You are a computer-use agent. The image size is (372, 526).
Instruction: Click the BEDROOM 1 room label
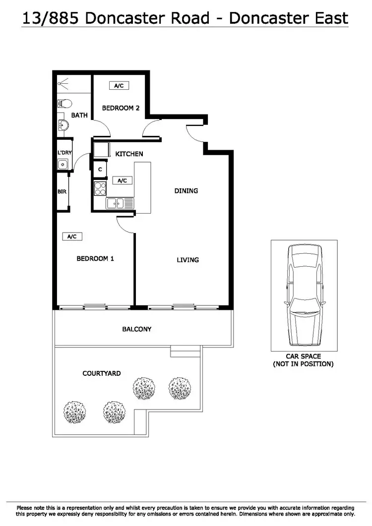(x=95, y=258)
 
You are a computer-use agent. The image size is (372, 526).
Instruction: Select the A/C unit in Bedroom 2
(x=119, y=86)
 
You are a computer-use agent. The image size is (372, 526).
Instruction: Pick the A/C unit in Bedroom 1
(x=72, y=237)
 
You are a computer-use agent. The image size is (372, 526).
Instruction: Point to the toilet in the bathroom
(x=64, y=104)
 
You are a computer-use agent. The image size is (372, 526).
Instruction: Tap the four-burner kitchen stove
(x=100, y=189)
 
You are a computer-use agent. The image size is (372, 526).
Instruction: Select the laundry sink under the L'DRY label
(x=63, y=165)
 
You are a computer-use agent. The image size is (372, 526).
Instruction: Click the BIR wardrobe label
(x=62, y=190)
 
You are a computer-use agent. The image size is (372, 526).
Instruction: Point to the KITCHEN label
(x=129, y=154)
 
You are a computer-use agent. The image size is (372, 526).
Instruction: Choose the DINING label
(x=186, y=190)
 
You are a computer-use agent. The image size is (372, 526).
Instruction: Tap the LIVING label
(x=187, y=260)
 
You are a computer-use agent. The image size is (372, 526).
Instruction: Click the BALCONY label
(x=137, y=329)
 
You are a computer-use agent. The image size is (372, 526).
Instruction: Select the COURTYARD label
(x=101, y=373)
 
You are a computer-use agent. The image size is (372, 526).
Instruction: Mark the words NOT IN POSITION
(x=304, y=364)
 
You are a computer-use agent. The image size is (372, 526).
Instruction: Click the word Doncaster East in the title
(x=288, y=18)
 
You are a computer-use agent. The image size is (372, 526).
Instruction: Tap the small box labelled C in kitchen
(x=100, y=170)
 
